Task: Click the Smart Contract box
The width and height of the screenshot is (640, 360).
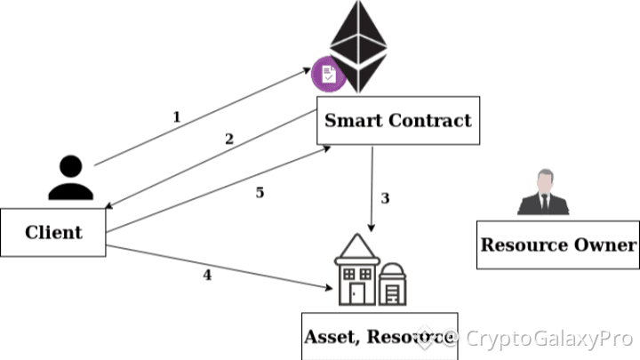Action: coord(398,121)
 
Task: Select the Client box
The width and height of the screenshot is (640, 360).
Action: coord(53,233)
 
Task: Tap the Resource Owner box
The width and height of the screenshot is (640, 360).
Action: coord(557,244)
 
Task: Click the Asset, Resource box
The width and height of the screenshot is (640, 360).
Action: coord(380,336)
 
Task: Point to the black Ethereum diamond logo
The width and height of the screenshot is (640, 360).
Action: coord(360,49)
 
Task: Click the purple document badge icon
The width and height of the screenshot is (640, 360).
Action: coord(328,74)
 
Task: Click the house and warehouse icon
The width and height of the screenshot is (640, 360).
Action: coord(368,271)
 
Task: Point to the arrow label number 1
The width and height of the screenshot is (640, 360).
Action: coord(176,116)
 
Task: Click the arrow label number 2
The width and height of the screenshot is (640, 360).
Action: coord(229,139)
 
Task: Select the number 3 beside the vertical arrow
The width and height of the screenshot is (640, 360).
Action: coord(385,198)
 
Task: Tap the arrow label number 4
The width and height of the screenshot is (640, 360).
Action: coord(207,275)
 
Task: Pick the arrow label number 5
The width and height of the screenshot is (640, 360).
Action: coord(260,192)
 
